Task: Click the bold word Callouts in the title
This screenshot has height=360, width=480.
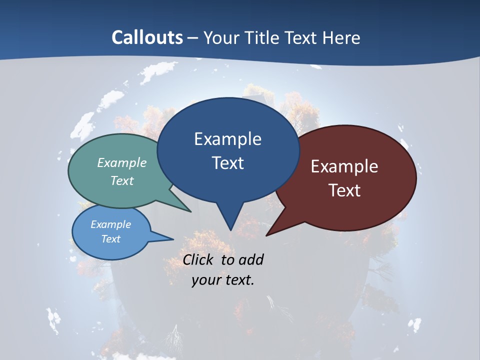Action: point(147,37)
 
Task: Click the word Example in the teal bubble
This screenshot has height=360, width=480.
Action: point(122,162)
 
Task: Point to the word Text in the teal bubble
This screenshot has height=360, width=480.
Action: point(122,180)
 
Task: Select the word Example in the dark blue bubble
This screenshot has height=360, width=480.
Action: point(227,139)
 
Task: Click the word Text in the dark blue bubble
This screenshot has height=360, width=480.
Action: point(227,163)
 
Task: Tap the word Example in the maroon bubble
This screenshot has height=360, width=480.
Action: point(344,166)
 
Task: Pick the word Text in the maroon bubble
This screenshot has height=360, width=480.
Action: point(344,190)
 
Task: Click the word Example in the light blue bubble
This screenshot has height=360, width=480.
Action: point(110,224)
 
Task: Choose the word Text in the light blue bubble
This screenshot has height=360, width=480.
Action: point(110,239)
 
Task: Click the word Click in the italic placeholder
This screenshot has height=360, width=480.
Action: point(198,260)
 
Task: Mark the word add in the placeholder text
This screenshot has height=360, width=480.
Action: point(250,260)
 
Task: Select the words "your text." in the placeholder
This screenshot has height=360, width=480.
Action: point(223,280)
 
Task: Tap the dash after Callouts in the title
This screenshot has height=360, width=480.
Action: point(193,37)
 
